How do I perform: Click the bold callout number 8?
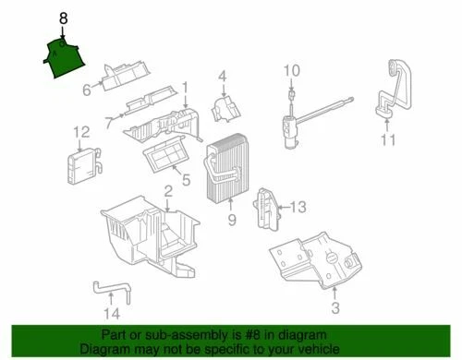point(63,18)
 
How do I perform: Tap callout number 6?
point(86,90)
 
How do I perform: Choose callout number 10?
point(291,71)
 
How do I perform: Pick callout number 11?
point(387,140)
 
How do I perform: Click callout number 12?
point(81,132)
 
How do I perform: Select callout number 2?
point(168,192)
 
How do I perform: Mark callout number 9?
point(231,219)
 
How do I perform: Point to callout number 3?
point(335,306)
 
